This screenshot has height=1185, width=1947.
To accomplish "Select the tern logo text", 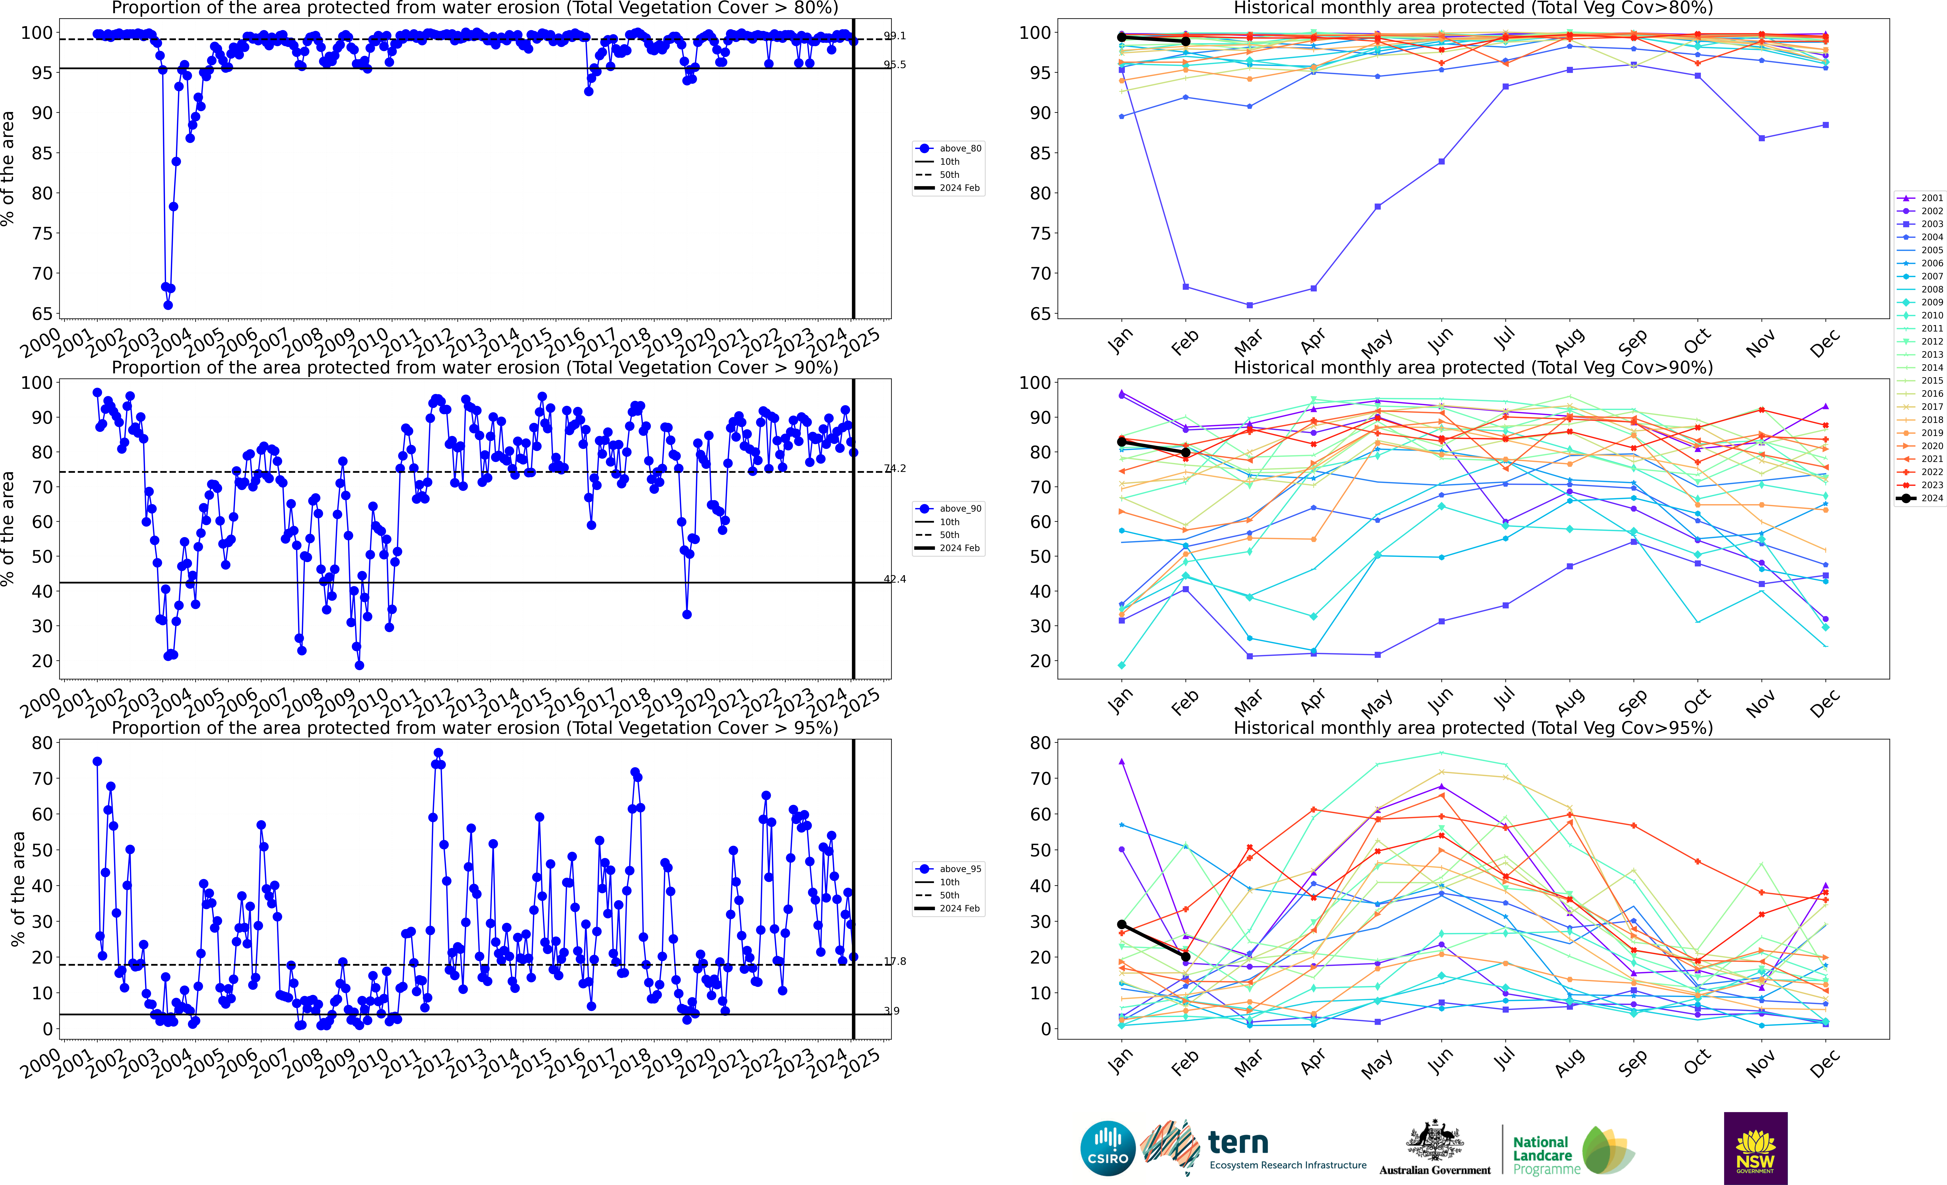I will coord(1238,1142).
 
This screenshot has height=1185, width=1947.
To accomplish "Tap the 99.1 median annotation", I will coord(894,36).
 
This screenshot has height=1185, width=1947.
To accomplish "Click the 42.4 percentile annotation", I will coord(894,579).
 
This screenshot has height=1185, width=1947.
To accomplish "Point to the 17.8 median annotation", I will coord(894,962).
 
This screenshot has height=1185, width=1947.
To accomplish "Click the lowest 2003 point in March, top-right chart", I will coord(1249,305).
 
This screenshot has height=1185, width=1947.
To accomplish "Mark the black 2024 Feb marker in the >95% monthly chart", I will coord(1185,957).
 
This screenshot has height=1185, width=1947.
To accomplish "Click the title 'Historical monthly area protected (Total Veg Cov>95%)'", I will coord(1473,728).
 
